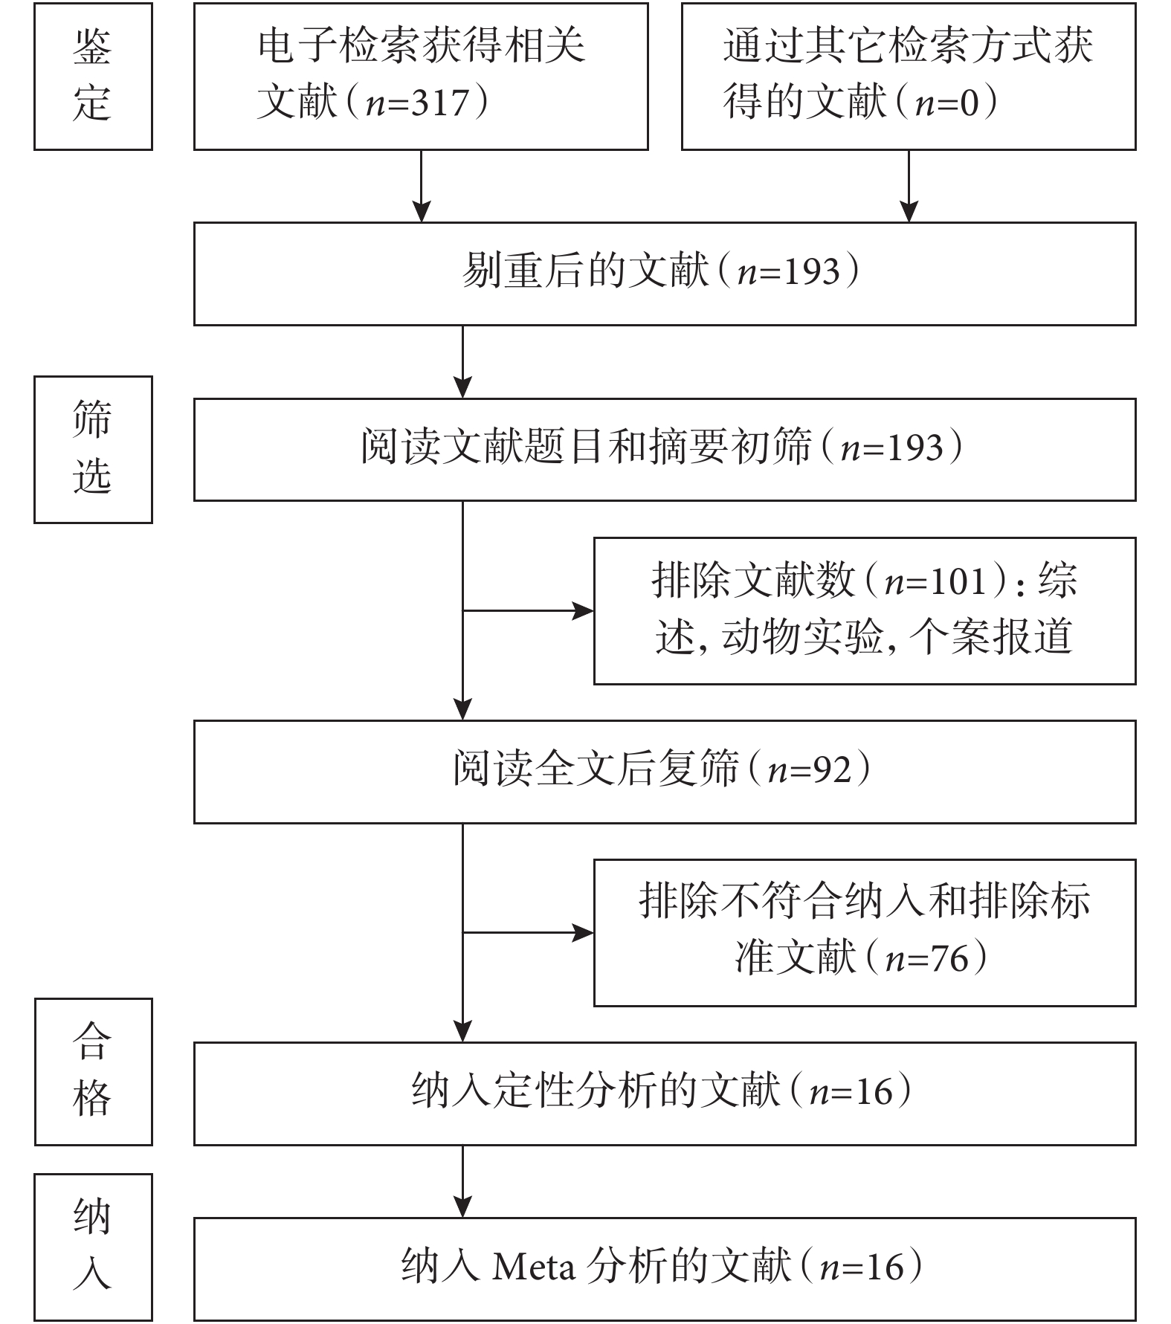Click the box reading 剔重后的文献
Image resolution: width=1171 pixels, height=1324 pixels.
(665, 274)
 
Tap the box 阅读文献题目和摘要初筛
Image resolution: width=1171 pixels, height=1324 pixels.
(665, 449)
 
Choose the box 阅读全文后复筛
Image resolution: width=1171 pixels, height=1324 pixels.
(665, 772)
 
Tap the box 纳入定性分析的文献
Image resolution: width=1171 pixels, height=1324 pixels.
(665, 1094)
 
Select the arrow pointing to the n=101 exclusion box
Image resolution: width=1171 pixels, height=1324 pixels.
(528, 611)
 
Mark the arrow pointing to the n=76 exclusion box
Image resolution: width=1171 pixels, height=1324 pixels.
(528, 932)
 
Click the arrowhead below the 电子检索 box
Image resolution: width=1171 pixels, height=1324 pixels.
(422, 211)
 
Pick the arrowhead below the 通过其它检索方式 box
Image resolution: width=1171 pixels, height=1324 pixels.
(909, 211)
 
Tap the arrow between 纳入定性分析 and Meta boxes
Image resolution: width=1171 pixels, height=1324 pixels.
(462, 1181)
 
